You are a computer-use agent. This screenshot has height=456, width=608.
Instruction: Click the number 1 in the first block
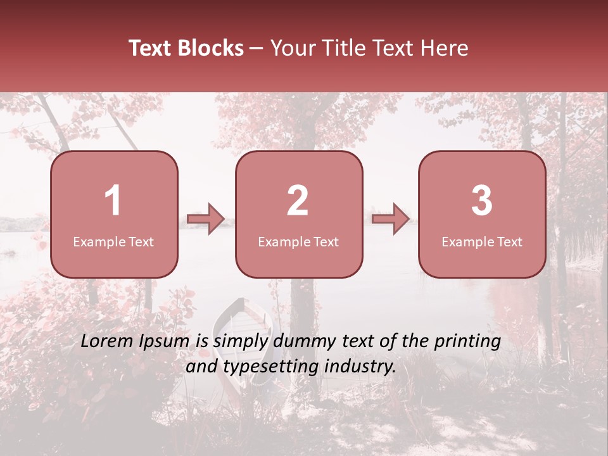tap(113, 201)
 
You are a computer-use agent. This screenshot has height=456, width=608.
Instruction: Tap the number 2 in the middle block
tap(298, 201)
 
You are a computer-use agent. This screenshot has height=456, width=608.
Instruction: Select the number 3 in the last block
tap(482, 201)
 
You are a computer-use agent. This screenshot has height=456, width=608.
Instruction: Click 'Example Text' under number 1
tap(113, 242)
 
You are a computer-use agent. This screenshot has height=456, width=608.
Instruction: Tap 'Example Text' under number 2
tap(298, 242)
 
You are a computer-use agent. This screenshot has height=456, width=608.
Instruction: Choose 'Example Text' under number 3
tap(482, 242)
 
